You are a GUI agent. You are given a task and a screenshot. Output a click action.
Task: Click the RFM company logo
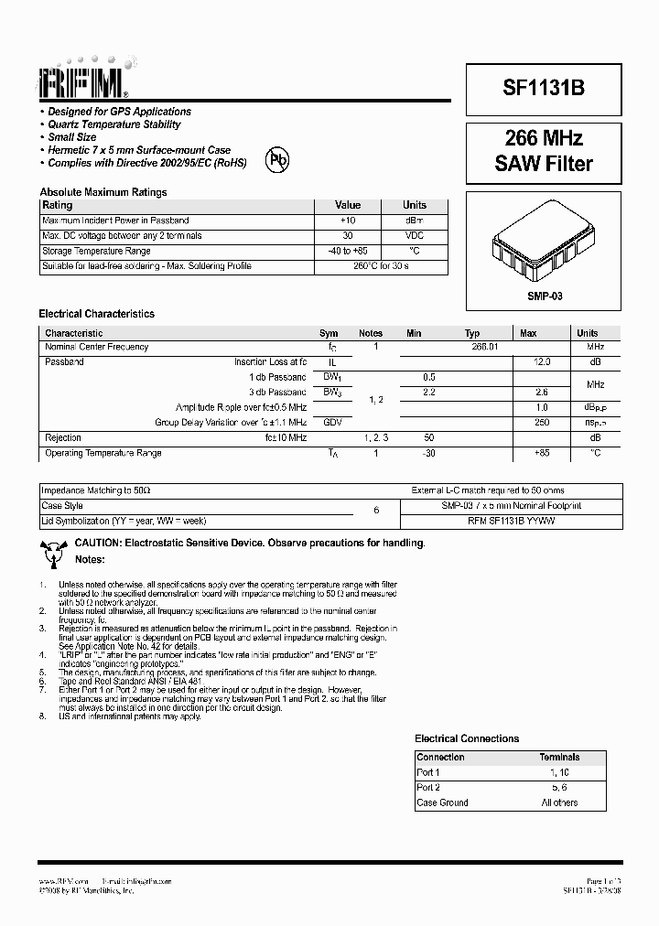83,81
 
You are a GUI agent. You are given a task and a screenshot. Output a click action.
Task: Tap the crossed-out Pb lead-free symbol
277,160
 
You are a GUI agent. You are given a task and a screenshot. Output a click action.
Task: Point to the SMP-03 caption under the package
545,297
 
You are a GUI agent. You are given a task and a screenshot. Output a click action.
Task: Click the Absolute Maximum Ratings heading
103,192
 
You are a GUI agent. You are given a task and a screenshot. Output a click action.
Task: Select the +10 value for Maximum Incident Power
348,221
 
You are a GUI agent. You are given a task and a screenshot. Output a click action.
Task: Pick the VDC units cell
414,236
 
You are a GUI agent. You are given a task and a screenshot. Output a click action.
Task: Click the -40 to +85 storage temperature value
348,251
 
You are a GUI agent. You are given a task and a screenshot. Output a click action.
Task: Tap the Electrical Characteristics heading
96,314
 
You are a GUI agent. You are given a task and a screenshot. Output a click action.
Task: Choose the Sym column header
329,333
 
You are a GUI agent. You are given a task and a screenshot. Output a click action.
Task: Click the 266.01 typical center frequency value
484,348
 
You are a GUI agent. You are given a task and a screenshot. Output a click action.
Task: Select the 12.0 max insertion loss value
541,362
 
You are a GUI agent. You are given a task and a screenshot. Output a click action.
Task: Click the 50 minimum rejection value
428,437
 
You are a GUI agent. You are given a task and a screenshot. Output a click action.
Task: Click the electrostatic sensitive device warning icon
53,551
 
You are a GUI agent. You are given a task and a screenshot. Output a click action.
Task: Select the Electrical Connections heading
467,738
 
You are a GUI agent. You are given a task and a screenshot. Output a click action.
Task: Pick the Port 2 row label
428,788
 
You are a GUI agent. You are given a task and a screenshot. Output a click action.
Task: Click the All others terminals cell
559,802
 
